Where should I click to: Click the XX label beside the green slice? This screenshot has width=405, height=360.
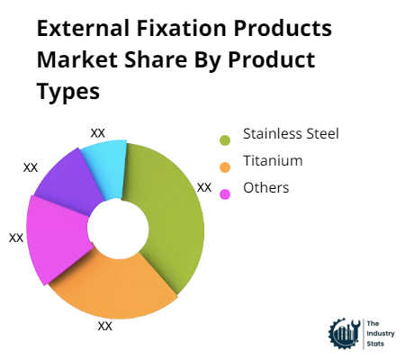coord(204,187)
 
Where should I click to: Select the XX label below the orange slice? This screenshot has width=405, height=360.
coord(104,326)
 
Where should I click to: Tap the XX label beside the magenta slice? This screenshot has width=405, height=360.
coord(16,238)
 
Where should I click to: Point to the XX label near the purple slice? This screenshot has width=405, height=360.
coord(31,167)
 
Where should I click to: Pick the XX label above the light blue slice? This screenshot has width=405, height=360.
coord(98,132)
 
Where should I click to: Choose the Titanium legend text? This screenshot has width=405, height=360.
coord(273,162)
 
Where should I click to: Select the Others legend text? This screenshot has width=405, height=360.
coord(266,188)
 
